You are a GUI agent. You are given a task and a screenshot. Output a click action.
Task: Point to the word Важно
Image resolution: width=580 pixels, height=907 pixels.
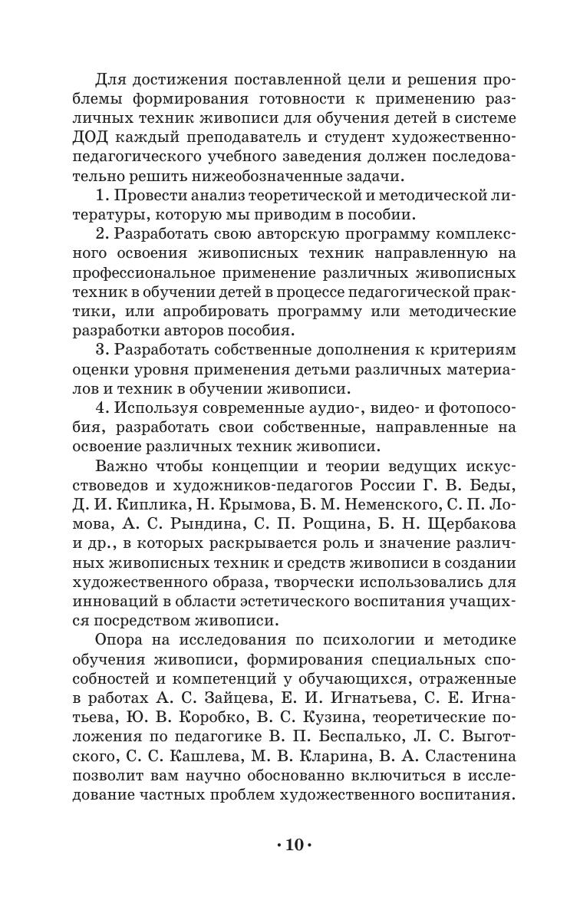122,466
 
